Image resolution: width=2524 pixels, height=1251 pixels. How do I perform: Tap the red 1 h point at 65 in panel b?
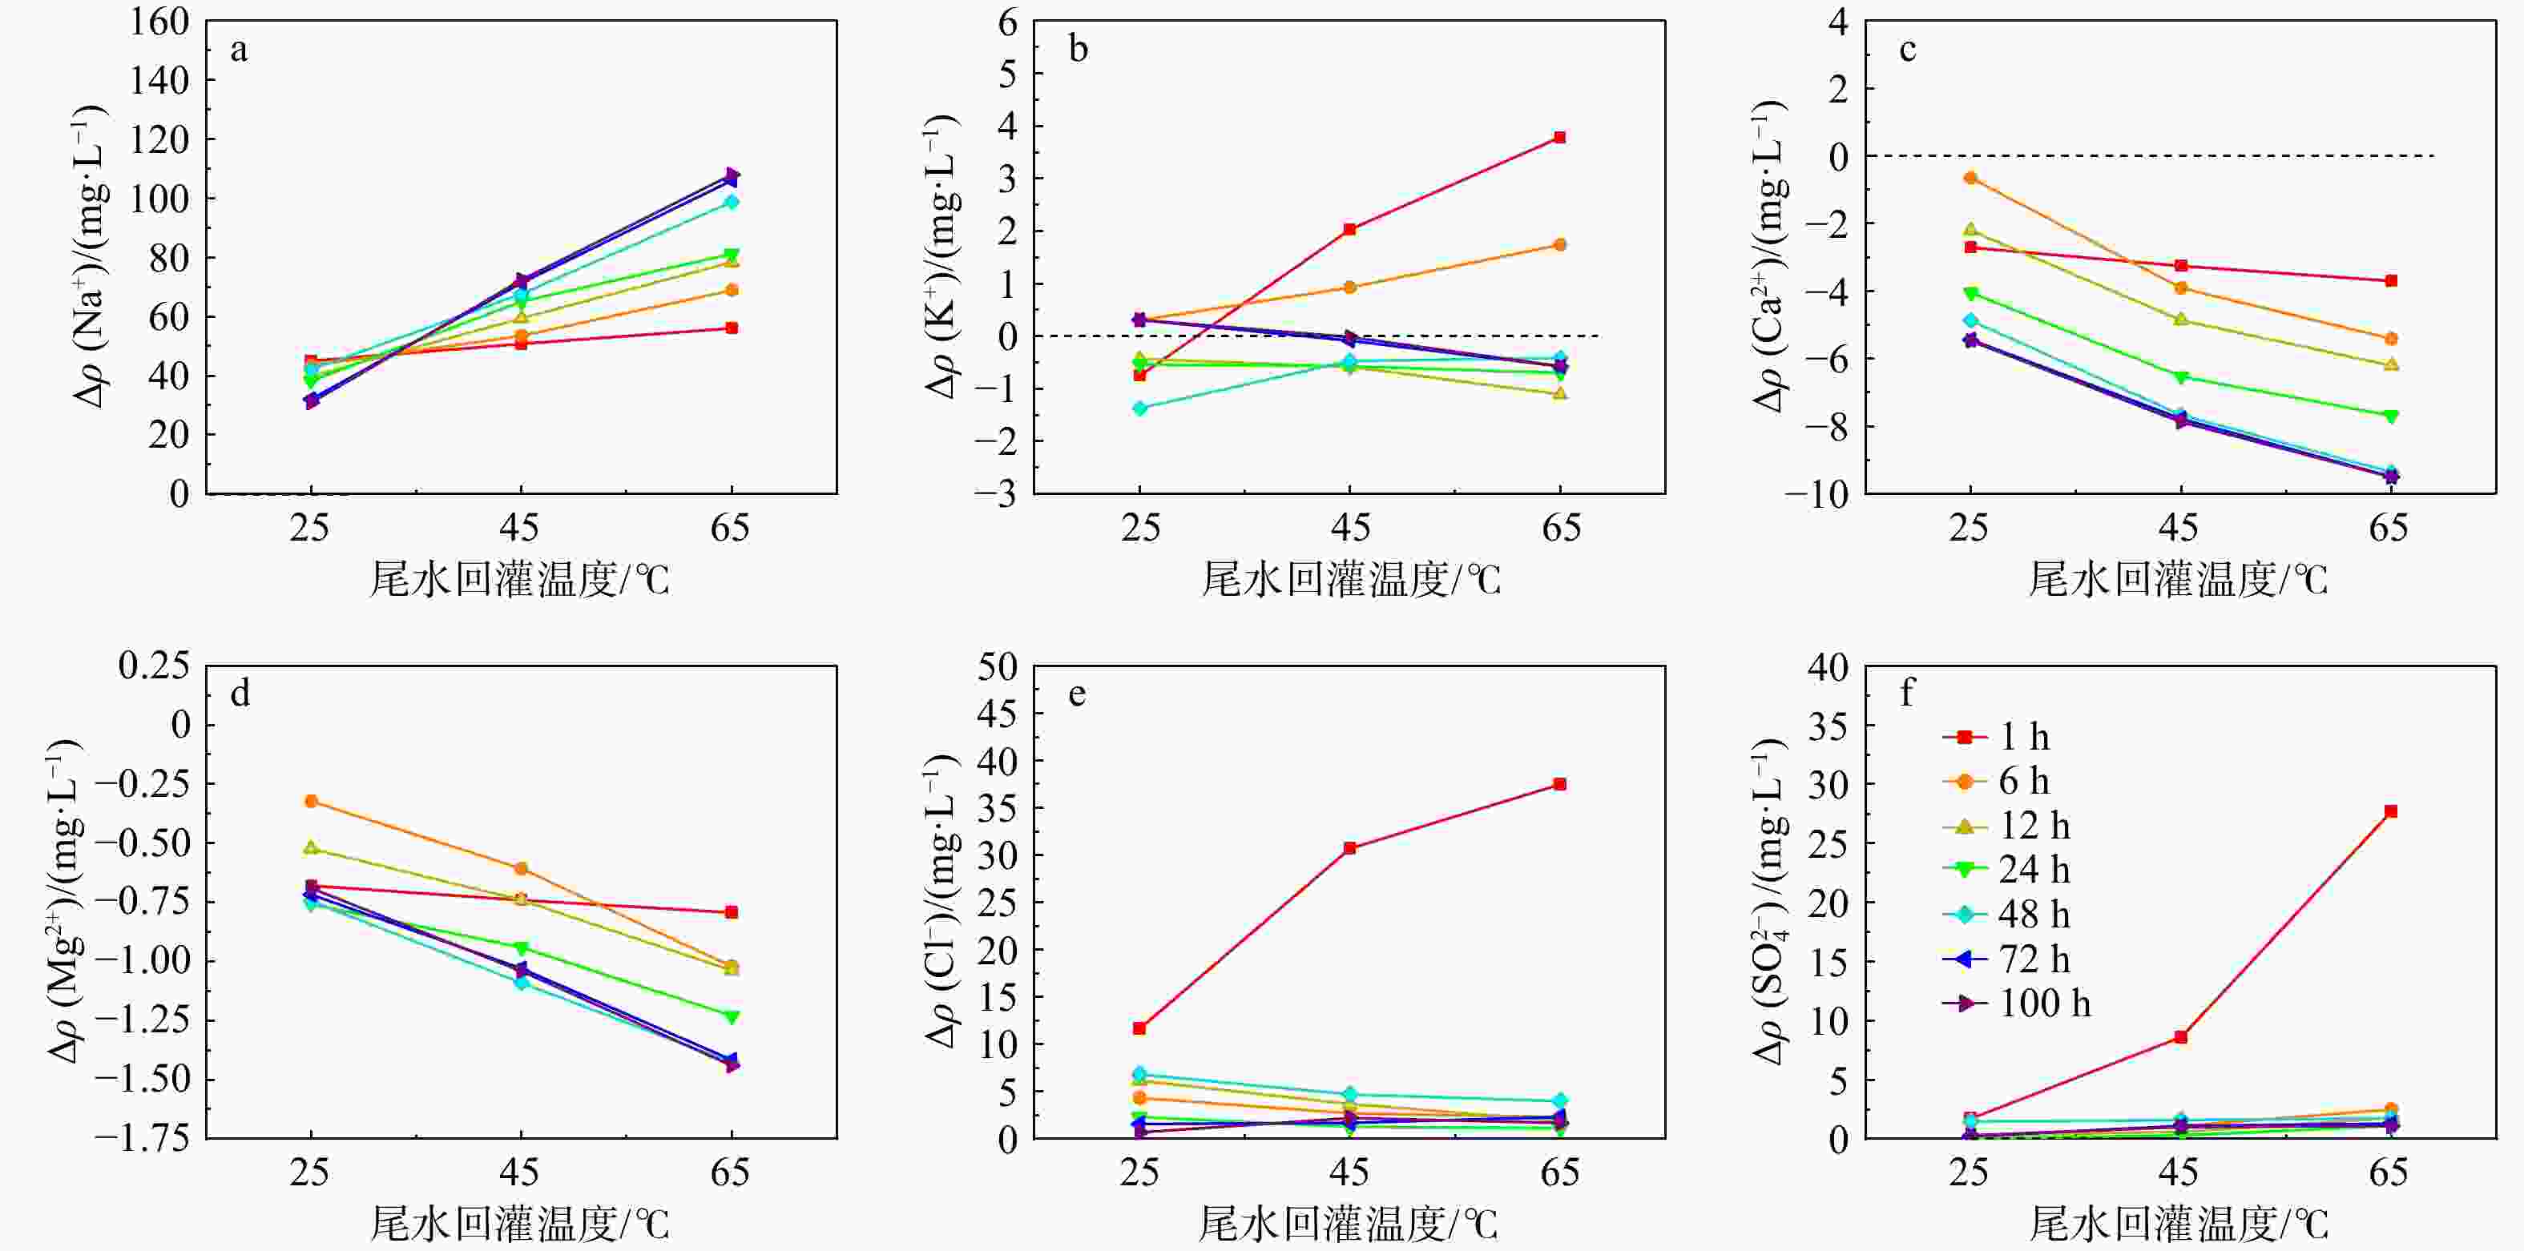coord(1560,137)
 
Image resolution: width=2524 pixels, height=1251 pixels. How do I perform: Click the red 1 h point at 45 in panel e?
coord(1349,848)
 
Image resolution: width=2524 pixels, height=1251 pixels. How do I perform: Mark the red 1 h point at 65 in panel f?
coord(2391,811)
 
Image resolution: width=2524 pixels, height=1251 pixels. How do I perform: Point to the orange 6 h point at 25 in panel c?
coord(1970,177)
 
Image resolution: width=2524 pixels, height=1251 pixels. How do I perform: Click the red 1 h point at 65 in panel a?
coord(731,328)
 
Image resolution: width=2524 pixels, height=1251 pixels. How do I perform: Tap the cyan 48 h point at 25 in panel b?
coord(1139,408)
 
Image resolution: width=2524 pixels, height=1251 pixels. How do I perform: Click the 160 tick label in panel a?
coord(159,22)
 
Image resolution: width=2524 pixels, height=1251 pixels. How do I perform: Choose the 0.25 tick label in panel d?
coord(154,666)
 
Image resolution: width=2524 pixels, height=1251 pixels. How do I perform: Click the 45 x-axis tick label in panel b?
coord(1350,529)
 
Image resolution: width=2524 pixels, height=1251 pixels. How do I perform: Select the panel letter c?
coord(1907,49)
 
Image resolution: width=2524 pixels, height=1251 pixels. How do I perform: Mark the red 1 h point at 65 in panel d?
coord(731,913)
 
